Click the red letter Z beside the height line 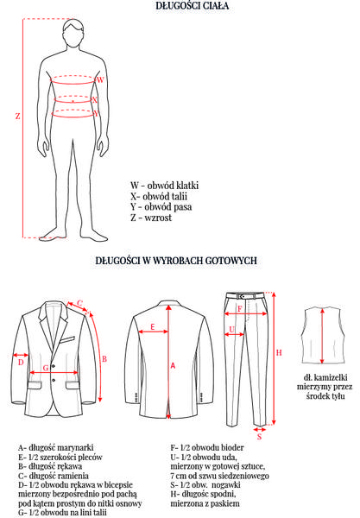[17, 116]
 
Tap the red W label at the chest [100, 79]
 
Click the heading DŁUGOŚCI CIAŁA [193, 6]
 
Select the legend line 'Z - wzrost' [151, 218]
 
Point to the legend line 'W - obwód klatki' [164, 186]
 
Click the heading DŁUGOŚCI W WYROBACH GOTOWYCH [176, 261]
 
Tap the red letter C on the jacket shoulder [80, 303]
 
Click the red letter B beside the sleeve [104, 359]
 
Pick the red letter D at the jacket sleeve [21, 363]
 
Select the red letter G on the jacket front [46, 368]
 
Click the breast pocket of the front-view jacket [68, 339]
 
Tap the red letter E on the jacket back [153, 327]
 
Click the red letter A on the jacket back [173, 365]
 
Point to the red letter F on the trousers [240, 309]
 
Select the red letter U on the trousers [232, 330]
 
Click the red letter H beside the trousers [279, 353]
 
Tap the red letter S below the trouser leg [260, 437]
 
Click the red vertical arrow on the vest [322, 337]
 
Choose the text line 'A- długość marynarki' [56, 447]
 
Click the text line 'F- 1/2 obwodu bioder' [207, 447]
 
